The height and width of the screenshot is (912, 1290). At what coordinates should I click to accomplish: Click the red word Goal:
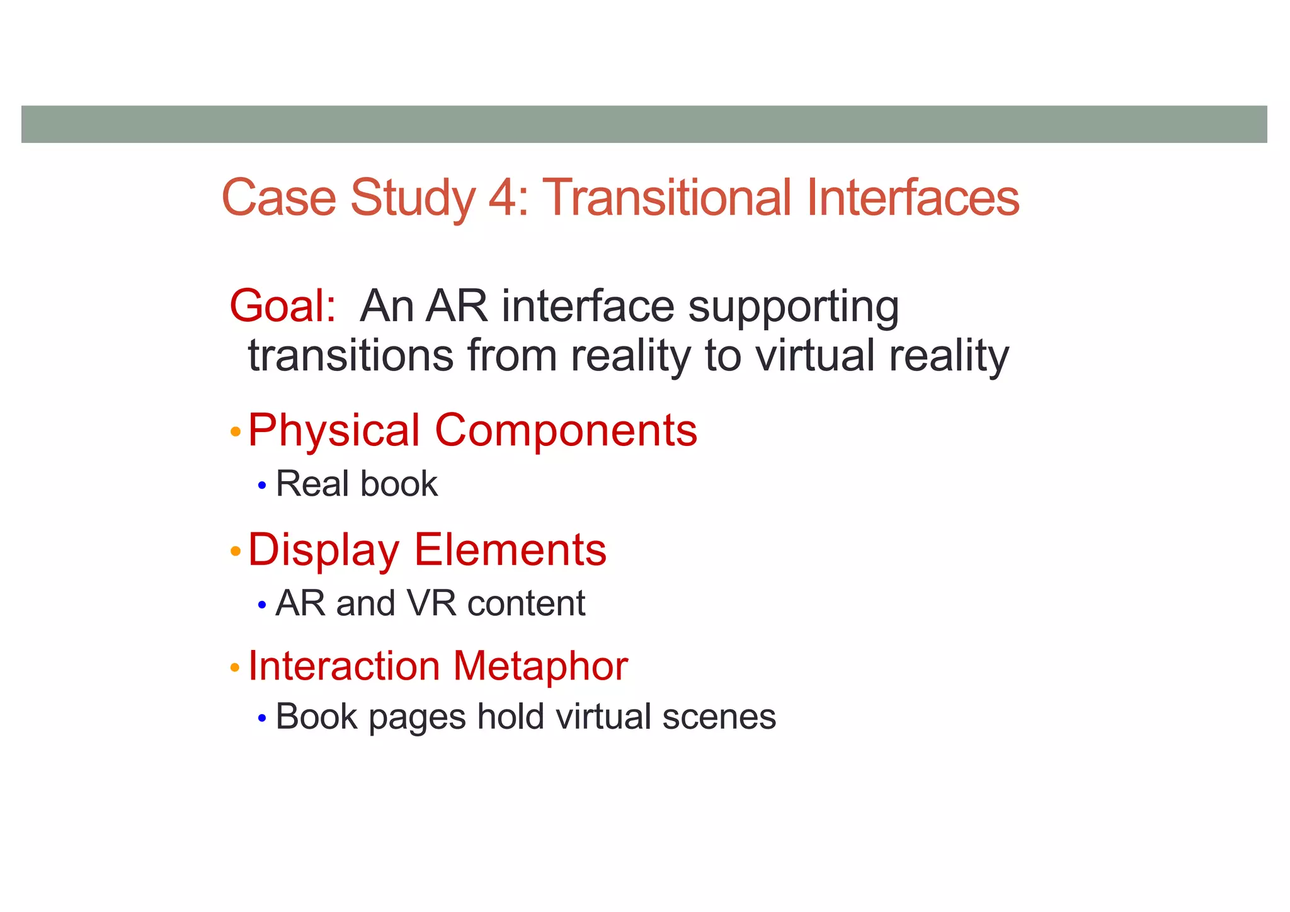coord(283,307)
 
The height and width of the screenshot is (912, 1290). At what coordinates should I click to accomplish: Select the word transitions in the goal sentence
coord(350,355)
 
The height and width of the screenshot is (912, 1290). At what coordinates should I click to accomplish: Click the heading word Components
coord(566,431)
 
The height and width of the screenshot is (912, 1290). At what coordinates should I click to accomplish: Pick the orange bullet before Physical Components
coord(236,432)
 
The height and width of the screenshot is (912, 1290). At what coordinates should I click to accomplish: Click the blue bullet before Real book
coord(262,486)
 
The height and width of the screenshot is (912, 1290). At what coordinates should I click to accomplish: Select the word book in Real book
coord(399,484)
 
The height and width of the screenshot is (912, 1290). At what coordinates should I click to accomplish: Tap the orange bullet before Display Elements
coord(236,552)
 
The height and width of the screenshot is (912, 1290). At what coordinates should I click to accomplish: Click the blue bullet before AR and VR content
coord(262,605)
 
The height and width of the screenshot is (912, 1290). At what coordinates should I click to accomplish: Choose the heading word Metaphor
coord(540,666)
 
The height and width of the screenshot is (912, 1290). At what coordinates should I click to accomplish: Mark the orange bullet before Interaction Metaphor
coord(236,667)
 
